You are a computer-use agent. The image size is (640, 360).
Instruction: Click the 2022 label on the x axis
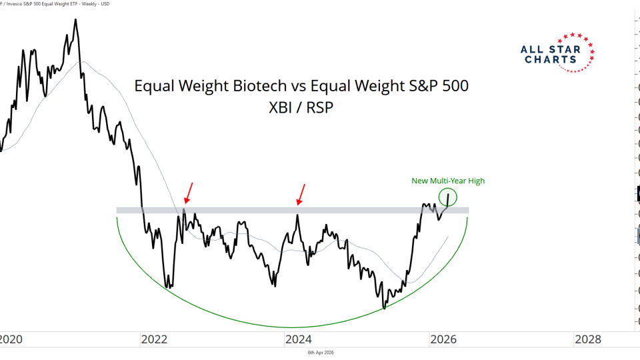(x=154, y=339)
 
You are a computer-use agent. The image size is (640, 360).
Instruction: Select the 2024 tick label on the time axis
(x=299, y=339)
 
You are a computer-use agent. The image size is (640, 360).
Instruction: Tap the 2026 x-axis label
(x=443, y=339)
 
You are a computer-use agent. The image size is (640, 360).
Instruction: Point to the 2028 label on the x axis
(x=589, y=339)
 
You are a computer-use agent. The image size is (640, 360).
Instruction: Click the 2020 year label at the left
(x=11, y=339)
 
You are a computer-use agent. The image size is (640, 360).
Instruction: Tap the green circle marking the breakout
(x=448, y=197)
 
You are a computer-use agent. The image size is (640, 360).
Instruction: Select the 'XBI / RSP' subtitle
(x=301, y=108)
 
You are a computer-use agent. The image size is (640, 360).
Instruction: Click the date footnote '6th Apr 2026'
(x=321, y=352)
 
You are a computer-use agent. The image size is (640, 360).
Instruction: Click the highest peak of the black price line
(x=75, y=19)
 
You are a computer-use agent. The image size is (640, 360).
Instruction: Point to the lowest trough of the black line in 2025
(x=384, y=308)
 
